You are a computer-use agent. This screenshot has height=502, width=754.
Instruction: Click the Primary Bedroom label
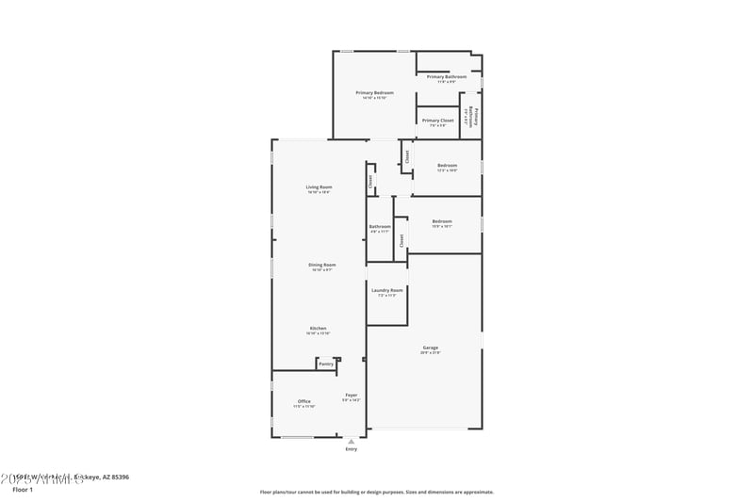click(374, 92)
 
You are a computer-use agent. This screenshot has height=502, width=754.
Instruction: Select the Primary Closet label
click(437, 121)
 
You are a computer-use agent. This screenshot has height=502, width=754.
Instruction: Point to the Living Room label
click(319, 186)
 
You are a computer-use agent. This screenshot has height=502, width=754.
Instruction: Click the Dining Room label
click(321, 265)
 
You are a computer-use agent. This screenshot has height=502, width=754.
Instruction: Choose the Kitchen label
click(318, 328)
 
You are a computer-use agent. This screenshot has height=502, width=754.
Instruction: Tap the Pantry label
click(326, 364)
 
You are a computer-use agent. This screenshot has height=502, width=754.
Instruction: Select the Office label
click(304, 401)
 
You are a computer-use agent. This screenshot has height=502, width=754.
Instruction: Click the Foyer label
click(351, 395)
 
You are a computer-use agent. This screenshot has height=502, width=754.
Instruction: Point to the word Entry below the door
click(352, 449)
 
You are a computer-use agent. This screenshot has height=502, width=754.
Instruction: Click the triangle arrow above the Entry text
click(352, 440)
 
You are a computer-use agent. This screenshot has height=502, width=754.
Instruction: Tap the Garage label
click(430, 348)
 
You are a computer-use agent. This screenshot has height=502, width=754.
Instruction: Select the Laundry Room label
click(386, 290)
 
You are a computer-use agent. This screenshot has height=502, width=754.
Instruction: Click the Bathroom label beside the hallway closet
click(380, 226)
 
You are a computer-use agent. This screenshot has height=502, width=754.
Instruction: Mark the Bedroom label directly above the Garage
click(442, 221)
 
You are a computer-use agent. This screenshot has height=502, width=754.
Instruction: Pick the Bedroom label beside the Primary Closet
click(447, 166)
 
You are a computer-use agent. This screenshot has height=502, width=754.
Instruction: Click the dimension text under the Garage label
click(430, 353)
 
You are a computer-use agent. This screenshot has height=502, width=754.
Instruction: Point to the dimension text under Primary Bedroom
click(374, 98)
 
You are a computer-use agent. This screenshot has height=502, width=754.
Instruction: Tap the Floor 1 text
click(23, 491)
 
